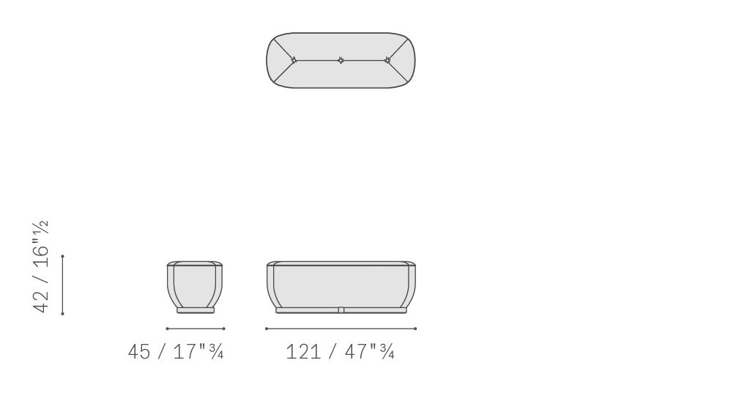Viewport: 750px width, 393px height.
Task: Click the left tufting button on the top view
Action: pos(294,60)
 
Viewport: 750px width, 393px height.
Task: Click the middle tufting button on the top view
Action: pos(341,60)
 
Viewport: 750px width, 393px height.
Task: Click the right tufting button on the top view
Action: pos(387,60)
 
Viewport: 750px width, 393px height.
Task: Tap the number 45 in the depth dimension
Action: pos(139,352)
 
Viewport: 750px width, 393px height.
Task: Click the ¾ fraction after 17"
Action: pos(217,352)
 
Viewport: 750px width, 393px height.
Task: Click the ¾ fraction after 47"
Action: pos(387,352)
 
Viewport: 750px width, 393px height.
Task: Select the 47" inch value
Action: pos(361,352)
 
